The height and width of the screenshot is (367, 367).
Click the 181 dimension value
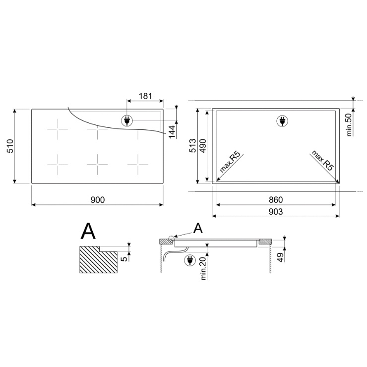point(145,96)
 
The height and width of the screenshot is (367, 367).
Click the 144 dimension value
point(172,132)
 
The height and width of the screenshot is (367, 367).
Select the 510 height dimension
point(10,146)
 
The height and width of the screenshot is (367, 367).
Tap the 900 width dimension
point(98,200)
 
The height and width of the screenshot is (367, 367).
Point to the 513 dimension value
point(192,146)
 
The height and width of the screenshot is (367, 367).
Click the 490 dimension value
point(202,146)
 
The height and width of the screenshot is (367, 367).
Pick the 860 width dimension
point(276,200)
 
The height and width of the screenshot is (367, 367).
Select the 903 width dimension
point(276,212)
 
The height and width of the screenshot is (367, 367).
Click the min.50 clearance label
point(349,125)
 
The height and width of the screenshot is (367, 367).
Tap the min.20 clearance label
point(203,268)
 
